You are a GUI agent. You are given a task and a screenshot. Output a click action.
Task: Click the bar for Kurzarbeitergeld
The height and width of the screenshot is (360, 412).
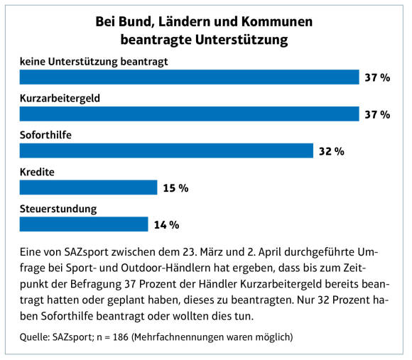[189, 114]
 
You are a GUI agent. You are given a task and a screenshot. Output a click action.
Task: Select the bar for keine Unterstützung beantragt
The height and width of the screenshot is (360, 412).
[189, 77]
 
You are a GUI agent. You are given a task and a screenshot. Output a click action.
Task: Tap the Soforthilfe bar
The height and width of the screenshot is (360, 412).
[166, 151]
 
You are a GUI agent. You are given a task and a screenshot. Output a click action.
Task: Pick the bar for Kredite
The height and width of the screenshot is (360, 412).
[88, 187]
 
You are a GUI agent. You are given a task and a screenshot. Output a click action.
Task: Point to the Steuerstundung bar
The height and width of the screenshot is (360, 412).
[84, 224]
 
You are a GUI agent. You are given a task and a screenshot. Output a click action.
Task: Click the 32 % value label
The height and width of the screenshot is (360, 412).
[332, 151]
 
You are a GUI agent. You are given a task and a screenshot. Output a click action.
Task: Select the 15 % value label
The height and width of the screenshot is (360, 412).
[175, 188]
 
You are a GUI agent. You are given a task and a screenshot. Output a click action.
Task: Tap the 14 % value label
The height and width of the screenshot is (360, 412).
[167, 225]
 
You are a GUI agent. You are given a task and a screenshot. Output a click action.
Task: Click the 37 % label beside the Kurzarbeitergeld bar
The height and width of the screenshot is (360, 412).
[377, 115]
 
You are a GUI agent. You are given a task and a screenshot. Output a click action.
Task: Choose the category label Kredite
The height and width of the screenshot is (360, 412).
[37, 172]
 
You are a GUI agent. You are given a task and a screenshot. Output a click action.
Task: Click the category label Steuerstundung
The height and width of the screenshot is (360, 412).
[58, 209]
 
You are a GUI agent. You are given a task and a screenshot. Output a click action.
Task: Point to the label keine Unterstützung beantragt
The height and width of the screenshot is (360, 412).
[94, 62]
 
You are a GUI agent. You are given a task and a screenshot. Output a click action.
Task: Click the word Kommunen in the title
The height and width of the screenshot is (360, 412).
[277, 21]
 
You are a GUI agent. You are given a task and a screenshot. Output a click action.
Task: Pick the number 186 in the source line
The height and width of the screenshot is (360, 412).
[121, 337]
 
